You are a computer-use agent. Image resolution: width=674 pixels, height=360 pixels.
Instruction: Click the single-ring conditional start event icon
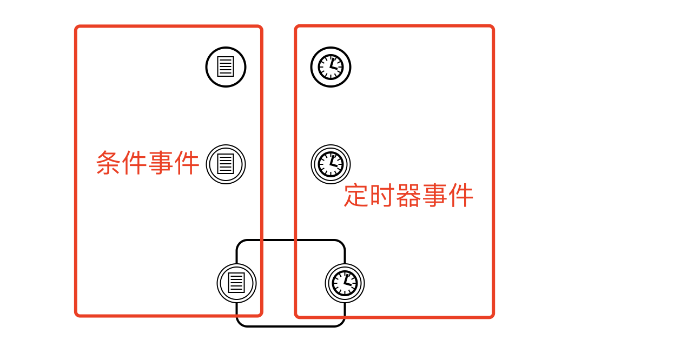[226, 67]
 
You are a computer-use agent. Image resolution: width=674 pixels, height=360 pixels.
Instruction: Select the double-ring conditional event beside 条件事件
[226, 164]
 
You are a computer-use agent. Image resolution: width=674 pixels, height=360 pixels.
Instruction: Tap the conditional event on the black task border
[236, 283]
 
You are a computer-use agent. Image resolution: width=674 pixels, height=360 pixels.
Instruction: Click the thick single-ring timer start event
[331, 67]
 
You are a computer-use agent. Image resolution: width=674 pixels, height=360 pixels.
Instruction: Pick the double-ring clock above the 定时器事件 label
[331, 164]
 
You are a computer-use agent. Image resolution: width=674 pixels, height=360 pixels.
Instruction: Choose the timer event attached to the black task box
[345, 283]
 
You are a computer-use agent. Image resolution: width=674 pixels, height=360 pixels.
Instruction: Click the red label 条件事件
[148, 163]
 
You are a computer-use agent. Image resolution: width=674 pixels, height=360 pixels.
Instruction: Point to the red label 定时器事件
[408, 196]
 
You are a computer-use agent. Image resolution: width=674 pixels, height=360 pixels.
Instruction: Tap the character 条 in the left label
[109, 163]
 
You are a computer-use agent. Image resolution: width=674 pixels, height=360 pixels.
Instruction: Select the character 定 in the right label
[357, 196]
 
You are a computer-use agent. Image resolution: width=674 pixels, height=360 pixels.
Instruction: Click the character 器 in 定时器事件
[408, 196]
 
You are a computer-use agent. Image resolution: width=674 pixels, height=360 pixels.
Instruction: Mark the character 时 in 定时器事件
[382, 196]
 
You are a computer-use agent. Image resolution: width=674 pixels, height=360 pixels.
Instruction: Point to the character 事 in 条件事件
[161, 163]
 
